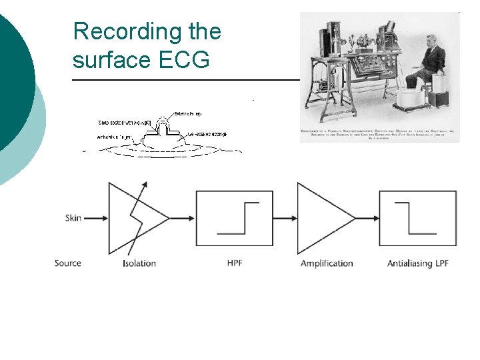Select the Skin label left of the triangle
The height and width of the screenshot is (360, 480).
coord(73,218)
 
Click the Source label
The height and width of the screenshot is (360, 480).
coord(68,263)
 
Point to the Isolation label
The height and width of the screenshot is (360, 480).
coord(139,263)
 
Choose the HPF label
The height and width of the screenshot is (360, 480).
coord(235,263)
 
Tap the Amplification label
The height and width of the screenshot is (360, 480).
coord(327,263)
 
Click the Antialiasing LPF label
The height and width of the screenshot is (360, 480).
coord(418,263)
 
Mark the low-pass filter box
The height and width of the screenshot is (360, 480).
coord(419,218)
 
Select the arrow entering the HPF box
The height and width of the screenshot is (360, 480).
coord(183,218)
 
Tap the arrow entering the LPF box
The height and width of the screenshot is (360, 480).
coord(367,218)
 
